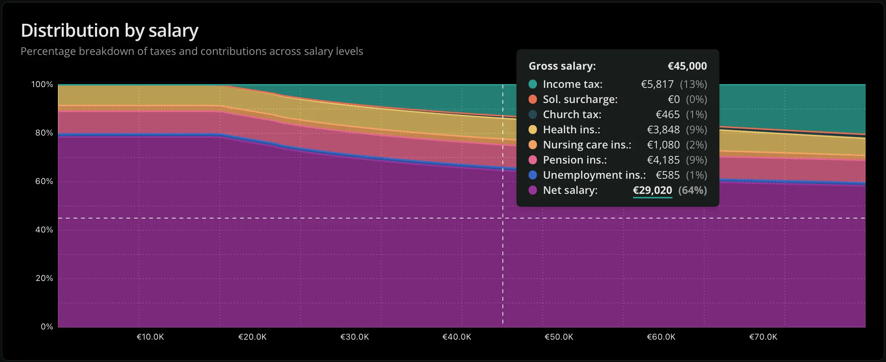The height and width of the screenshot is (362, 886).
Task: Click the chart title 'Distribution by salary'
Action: (109, 31)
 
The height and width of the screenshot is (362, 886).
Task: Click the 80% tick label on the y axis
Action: (44, 133)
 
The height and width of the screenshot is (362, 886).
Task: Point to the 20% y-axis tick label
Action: (44, 278)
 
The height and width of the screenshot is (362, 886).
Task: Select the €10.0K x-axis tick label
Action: (150, 337)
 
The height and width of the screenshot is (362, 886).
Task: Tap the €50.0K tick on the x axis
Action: (559, 337)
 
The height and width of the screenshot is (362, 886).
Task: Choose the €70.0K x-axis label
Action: (763, 337)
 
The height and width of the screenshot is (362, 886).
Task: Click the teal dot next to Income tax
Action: (533, 84)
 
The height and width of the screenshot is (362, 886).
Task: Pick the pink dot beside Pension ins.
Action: (533, 160)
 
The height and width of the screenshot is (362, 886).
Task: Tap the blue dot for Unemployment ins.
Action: (533, 175)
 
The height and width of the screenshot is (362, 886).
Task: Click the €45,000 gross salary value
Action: (687, 66)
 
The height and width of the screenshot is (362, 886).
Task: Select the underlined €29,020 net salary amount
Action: (652, 190)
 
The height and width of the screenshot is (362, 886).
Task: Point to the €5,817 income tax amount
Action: (657, 84)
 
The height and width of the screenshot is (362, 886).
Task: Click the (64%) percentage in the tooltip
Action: (693, 190)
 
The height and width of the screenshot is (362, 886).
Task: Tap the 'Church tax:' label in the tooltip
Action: (572, 114)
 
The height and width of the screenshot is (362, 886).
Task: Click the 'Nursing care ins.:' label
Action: (587, 145)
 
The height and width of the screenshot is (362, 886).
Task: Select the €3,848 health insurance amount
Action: (663, 130)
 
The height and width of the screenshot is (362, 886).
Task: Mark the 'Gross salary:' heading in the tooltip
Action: (562, 66)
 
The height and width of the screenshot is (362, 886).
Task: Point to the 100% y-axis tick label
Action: (42, 84)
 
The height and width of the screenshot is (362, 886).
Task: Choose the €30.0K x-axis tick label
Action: (355, 337)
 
